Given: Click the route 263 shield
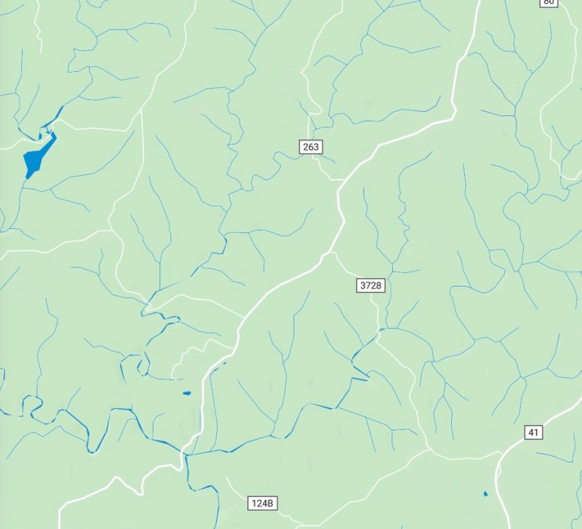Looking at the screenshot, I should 311,147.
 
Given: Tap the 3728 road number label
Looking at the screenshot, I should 370,285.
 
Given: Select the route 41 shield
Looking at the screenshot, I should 533,433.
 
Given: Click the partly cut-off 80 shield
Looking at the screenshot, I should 549,2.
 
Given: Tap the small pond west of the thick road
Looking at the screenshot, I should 186,394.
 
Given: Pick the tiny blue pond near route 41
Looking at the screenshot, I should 485,494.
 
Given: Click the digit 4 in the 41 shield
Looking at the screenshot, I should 530,433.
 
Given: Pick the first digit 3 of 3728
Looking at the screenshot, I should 362,285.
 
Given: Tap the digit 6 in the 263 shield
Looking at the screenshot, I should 311,147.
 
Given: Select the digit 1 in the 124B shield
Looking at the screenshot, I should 255,504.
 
